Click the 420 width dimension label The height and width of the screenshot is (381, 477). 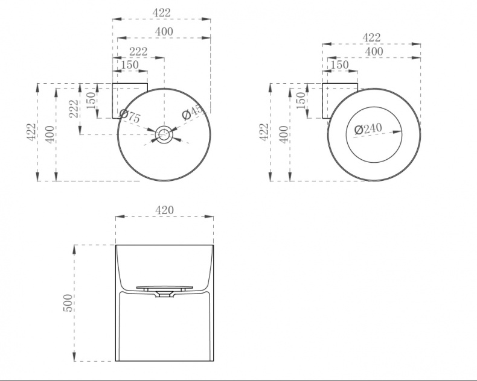[x=164, y=210]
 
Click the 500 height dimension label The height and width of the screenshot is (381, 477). [x=68, y=303]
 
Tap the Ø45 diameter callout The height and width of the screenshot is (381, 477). [x=192, y=112]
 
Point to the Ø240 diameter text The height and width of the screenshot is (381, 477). [x=368, y=129]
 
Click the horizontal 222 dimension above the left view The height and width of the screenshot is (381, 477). [x=138, y=52]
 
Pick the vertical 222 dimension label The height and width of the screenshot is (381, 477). [x=74, y=109]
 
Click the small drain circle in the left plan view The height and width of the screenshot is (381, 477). [x=164, y=134]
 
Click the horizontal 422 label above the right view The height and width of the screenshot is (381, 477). [x=371, y=37]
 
